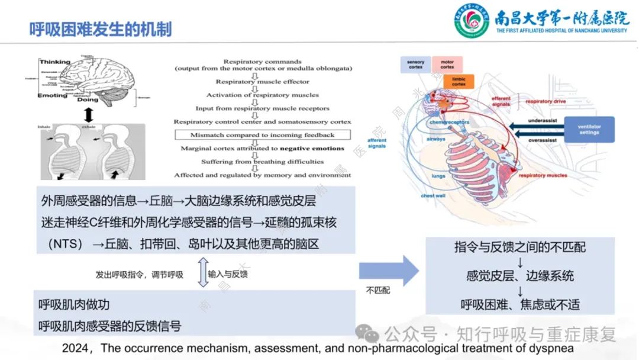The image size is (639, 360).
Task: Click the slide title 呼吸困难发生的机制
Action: click(101, 29)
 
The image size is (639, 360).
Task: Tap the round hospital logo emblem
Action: click(472, 22)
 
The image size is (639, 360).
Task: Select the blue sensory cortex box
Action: click(415, 65)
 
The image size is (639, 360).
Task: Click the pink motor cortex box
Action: click(447, 65)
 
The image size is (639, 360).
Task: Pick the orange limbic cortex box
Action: click(459, 81)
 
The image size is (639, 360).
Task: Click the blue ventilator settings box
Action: click(589, 129)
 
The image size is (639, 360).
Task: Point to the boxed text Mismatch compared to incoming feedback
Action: click(262, 135)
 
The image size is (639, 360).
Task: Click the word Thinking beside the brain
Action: click(54, 62)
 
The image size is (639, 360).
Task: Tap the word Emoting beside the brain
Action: click(53, 96)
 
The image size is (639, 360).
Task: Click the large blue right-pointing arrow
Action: click(389, 271)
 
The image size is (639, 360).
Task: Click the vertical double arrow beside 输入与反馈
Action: click(202, 272)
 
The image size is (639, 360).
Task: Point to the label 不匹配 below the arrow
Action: click(377, 291)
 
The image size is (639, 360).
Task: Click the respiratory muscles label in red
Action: click(542, 175)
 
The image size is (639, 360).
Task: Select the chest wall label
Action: click(433, 195)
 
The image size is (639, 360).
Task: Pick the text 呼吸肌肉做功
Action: click(74, 305)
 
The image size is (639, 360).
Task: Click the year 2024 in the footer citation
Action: click(75, 348)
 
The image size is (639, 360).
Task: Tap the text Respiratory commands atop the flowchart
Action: click(262, 62)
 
